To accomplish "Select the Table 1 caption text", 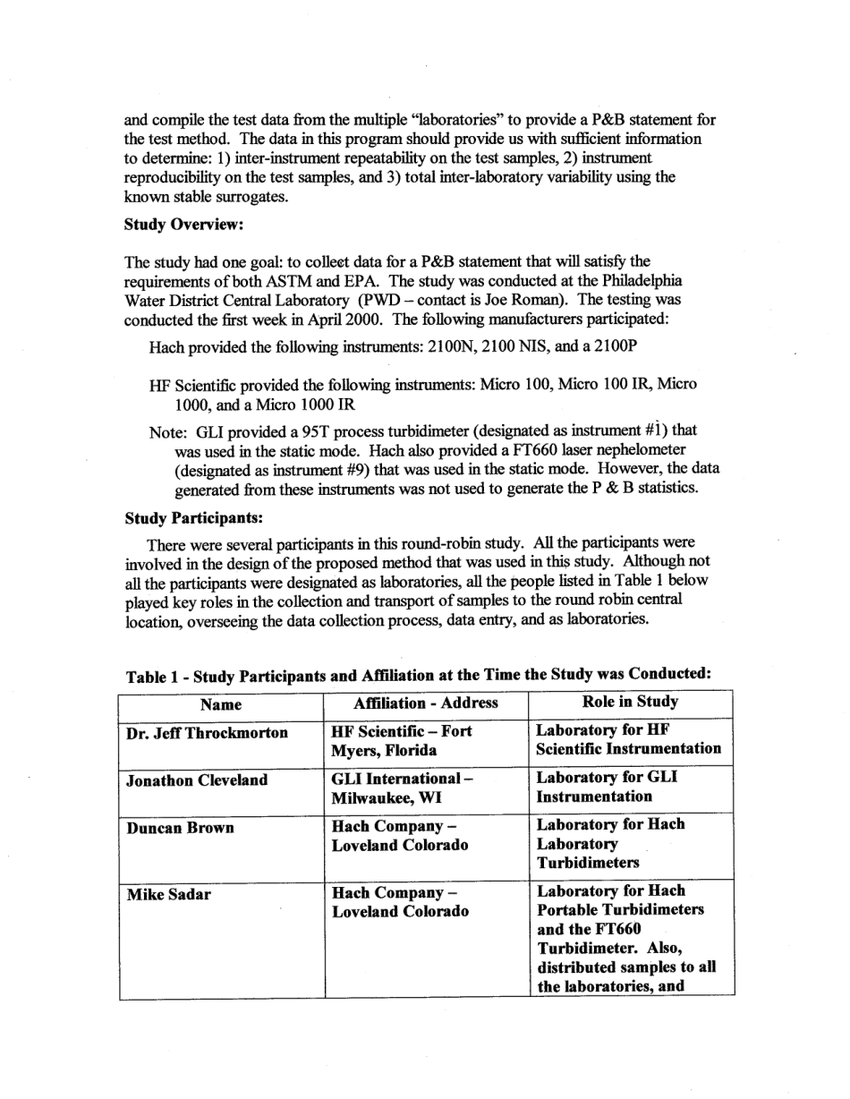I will pyautogui.click(x=419, y=674).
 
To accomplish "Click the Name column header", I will pyautogui.click(x=221, y=703).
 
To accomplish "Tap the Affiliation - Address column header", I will pyautogui.click(x=426, y=703).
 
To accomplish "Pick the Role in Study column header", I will pyautogui.click(x=630, y=702).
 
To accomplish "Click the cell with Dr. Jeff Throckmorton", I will pyautogui.click(x=207, y=733).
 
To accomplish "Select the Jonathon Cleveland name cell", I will pyautogui.click(x=197, y=780).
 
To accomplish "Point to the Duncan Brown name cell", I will pyautogui.click(x=180, y=828).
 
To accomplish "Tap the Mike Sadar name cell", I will pyautogui.click(x=169, y=894).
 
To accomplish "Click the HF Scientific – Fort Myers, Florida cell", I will pyautogui.click(x=401, y=740).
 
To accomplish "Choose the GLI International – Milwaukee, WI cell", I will pyautogui.click(x=401, y=788).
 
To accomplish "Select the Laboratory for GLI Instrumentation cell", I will pyautogui.click(x=607, y=787).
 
